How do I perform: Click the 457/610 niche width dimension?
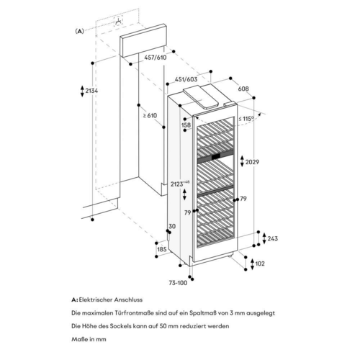click(x=156, y=58)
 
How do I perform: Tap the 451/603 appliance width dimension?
click(x=186, y=79)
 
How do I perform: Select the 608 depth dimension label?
click(x=243, y=89)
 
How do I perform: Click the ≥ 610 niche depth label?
click(x=150, y=115)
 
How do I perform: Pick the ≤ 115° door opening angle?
click(x=246, y=119)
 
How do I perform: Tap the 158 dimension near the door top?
click(x=186, y=125)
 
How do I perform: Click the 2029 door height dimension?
click(x=252, y=162)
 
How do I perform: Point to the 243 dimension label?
click(x=273, y=238)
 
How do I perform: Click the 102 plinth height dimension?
click(x=260, y=264)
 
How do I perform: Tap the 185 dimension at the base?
click(x=162, y=249)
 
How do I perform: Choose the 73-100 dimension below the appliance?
click(x=178, y=283)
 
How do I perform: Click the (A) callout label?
click(x=79, y=31)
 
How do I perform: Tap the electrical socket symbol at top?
click(x=118, y=21)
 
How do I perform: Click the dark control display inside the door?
click(x=216, y=156)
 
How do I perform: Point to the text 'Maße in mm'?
click(x=89, y=339)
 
